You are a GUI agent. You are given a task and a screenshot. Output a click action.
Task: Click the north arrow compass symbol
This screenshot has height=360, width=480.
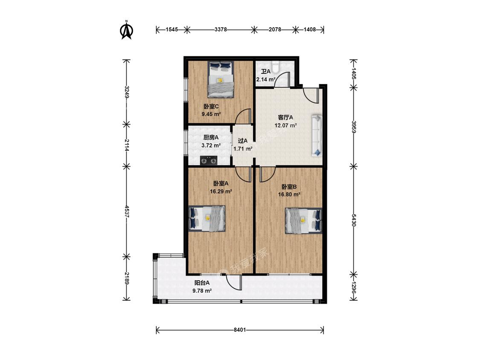[x=126, y=30]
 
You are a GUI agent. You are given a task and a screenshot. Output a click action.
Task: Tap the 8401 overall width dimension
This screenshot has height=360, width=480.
[x=240, y=330]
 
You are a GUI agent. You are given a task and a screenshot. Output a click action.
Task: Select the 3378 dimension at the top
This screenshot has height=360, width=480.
[x=221, y=29]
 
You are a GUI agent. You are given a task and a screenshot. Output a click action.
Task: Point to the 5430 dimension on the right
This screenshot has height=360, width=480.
[x=354, y=220]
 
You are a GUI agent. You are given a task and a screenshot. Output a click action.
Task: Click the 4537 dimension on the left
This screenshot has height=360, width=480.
[x=127, y=211]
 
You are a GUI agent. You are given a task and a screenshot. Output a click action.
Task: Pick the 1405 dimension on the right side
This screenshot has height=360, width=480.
[x=354, y=74]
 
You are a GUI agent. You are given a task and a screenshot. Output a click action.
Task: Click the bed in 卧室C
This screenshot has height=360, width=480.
[x=221, y=79]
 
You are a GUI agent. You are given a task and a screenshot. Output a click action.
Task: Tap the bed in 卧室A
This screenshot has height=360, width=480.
[x=207, y=218]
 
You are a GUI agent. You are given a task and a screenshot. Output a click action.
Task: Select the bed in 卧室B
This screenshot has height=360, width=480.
[x=304, y=221]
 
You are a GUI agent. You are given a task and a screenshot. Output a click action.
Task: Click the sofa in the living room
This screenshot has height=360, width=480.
[x=317, y=135]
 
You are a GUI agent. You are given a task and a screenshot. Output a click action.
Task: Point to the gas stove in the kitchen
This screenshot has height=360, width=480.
[x=209, y=160]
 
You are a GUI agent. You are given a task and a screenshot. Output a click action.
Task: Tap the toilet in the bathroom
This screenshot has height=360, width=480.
[x=276, y=67]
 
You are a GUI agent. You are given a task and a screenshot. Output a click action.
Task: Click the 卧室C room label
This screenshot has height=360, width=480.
[x=211, y=107]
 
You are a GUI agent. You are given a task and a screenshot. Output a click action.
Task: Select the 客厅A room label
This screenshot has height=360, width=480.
[x=285, y=117]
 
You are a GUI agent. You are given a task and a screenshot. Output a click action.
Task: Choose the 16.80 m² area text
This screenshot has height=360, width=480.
[x=289, y=195]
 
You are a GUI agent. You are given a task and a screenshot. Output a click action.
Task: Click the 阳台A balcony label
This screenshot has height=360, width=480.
[x=202, y=283]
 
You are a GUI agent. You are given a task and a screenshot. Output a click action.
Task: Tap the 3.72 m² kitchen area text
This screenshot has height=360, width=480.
[x=211, y=145]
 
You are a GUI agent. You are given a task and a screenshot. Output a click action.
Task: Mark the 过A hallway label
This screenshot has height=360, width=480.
[x=243, y=141]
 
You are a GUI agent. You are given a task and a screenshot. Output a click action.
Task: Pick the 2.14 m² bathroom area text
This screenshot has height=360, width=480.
[x=266, y=79]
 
